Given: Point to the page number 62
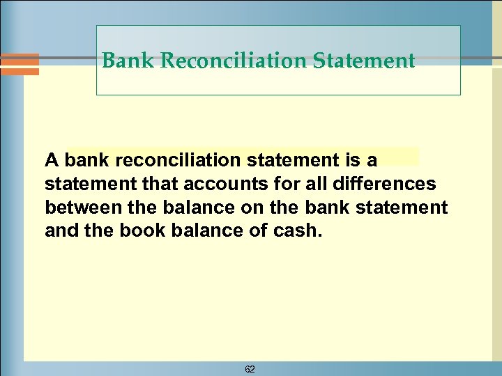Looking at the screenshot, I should pos(250,369).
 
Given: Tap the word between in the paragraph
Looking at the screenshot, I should pos(77,207).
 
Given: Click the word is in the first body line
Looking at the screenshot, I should pos(351,161).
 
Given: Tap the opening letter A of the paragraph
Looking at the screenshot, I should pos(51,161).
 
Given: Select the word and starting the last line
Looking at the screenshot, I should pos(59,230).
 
